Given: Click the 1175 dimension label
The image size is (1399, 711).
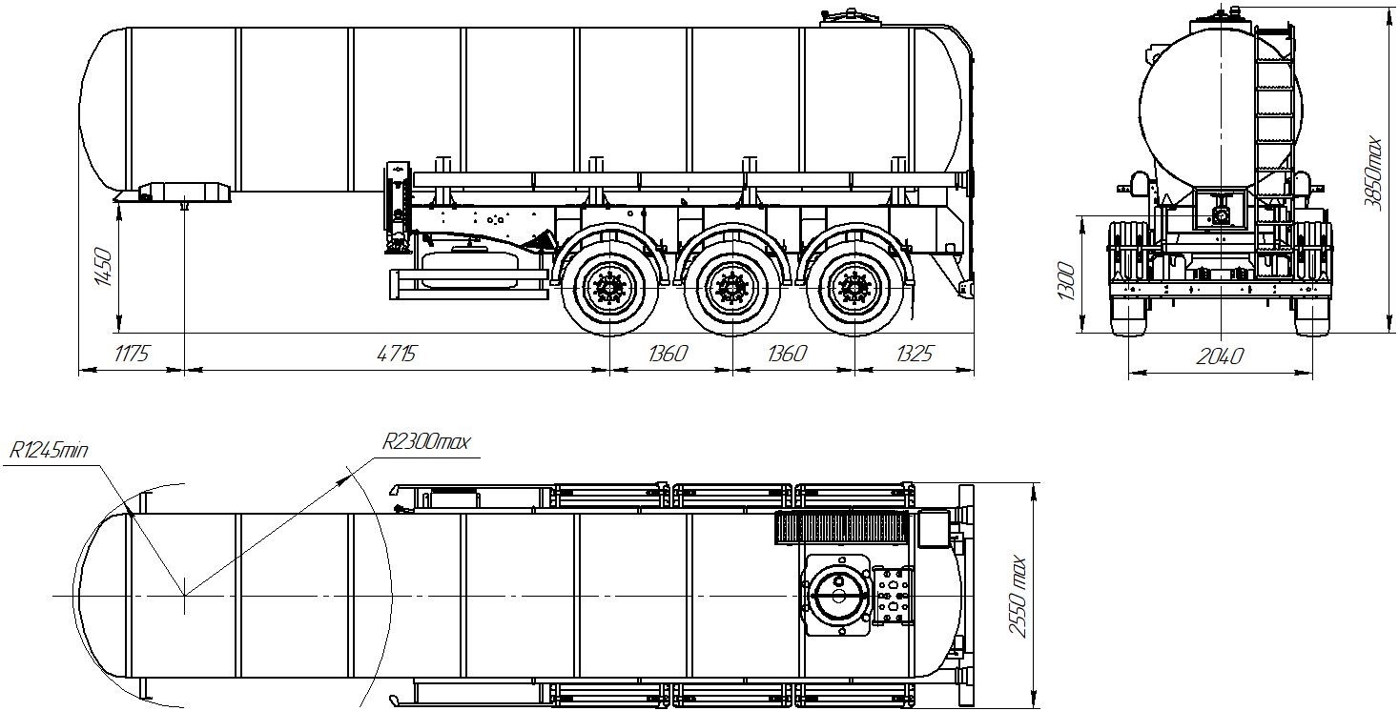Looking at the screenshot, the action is [x=132, y=354].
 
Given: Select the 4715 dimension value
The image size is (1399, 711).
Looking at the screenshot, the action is [x=397, y=354].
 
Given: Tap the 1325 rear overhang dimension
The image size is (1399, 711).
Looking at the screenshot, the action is [x=915, y=354].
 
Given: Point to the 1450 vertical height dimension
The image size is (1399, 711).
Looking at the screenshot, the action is [x=103, y=268].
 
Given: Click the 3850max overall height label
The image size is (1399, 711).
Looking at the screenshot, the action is [x=1373, y=173].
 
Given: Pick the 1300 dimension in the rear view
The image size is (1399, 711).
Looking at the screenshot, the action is [x=1066, y=281].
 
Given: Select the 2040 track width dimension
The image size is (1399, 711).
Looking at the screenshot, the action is [x=1220, y=356].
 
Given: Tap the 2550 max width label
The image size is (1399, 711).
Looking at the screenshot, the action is [x=1018, y=597].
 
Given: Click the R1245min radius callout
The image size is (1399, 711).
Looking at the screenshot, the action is [x=49, y=450].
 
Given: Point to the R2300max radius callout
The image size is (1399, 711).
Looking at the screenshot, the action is [x=426, y=442].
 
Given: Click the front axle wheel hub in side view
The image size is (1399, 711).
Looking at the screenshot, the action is [x=609, y=289].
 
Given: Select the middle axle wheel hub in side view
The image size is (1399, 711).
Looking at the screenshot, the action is [x=732, y=289].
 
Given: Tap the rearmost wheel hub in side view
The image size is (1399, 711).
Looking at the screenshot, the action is [x=854, y=289].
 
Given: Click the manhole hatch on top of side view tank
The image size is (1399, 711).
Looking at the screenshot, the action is [x=850, y=18].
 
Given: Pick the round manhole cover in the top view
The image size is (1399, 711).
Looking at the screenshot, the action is [x=837, y=596].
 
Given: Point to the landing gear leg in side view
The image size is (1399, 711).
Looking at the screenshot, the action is [x=397, y=207].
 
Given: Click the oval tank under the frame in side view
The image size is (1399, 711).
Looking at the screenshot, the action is [x=469, y=269].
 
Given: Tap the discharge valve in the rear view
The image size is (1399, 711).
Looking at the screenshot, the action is [x=1220, y=216].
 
